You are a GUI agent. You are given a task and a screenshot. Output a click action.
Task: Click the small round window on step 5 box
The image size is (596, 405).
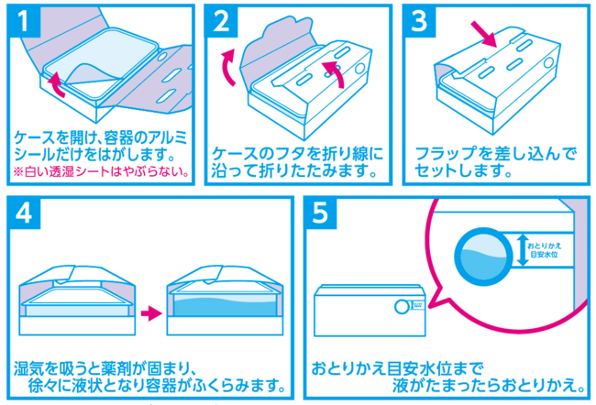pyautogui.click(x=401, y=307)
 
